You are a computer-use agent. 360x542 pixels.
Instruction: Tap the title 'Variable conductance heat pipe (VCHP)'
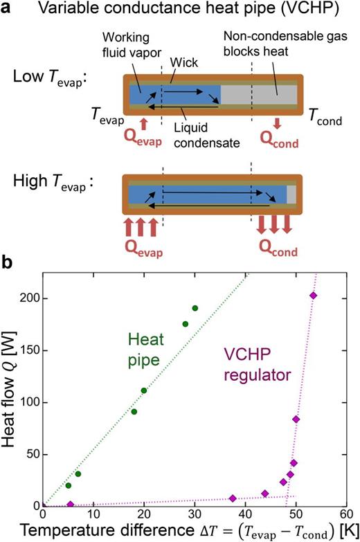(190, 11)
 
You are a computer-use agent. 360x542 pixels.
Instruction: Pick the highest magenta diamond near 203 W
(314, 296)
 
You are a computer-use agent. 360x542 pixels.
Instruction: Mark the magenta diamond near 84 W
(296, 419)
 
